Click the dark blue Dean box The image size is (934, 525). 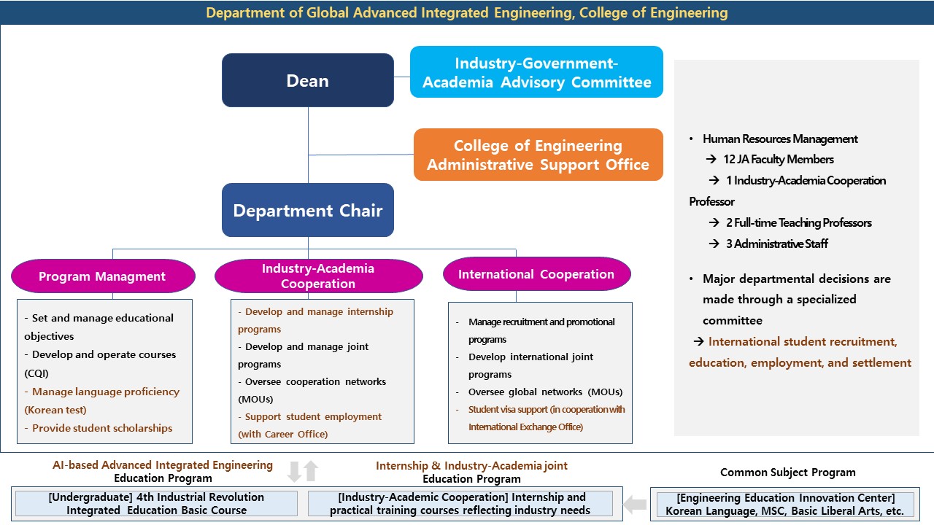point(307,80)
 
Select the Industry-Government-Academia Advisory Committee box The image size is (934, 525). point(536,72)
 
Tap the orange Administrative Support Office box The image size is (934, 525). point(538,155)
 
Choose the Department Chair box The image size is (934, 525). point(307,211)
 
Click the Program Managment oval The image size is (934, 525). point(103,276)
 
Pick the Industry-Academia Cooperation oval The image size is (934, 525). point(318,276)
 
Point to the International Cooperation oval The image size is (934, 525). point(536,274)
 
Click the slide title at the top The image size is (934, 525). point(467,12)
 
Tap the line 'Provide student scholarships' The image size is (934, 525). point(102,428)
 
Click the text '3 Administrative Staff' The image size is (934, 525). point(776,244)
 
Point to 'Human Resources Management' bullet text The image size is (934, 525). point(780,139)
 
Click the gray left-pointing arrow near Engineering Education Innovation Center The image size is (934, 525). point(636,504)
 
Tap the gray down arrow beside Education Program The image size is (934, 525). point(294,471)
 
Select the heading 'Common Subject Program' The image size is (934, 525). point(787,472)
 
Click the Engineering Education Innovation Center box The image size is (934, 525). point(784,504)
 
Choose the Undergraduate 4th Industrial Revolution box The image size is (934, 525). point(156,504)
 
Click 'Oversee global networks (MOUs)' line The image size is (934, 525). point(545,392)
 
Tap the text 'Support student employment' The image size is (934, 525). point(313,416)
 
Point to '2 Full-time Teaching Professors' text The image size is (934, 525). point(798,222)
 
